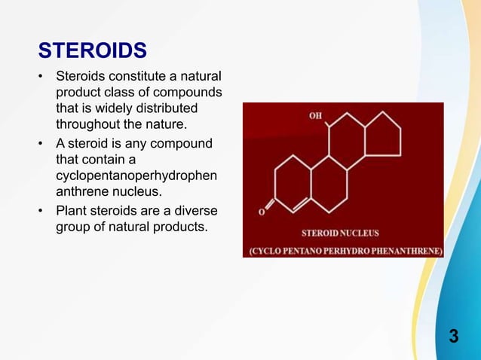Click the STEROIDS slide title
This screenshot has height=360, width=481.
92,50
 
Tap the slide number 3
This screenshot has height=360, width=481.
453,336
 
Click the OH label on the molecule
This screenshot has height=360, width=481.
316,116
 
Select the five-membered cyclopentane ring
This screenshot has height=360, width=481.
382,135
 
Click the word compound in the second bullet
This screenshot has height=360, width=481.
179,143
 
